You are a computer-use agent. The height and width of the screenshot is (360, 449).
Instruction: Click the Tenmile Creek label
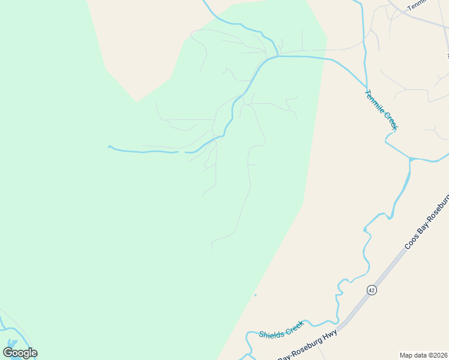click(381, 110)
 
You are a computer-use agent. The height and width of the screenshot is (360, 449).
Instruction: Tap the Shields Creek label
click(282, 329)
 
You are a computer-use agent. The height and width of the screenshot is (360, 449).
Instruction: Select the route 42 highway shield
click(372, 290)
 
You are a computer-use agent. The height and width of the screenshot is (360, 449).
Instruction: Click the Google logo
click(20, 353)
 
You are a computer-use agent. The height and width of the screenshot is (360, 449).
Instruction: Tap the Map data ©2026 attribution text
click(424, 355)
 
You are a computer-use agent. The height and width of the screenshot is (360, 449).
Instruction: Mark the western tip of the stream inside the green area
click(109, 146)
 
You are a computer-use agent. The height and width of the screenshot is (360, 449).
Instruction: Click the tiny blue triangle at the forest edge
click(255, 295)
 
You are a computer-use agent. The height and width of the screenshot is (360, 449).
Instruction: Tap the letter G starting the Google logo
click(8, 353)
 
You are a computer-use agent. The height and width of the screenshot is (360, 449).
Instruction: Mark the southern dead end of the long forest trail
click(212, 248)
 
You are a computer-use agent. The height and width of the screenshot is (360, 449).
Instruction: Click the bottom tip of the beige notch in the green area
click(137, 101)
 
